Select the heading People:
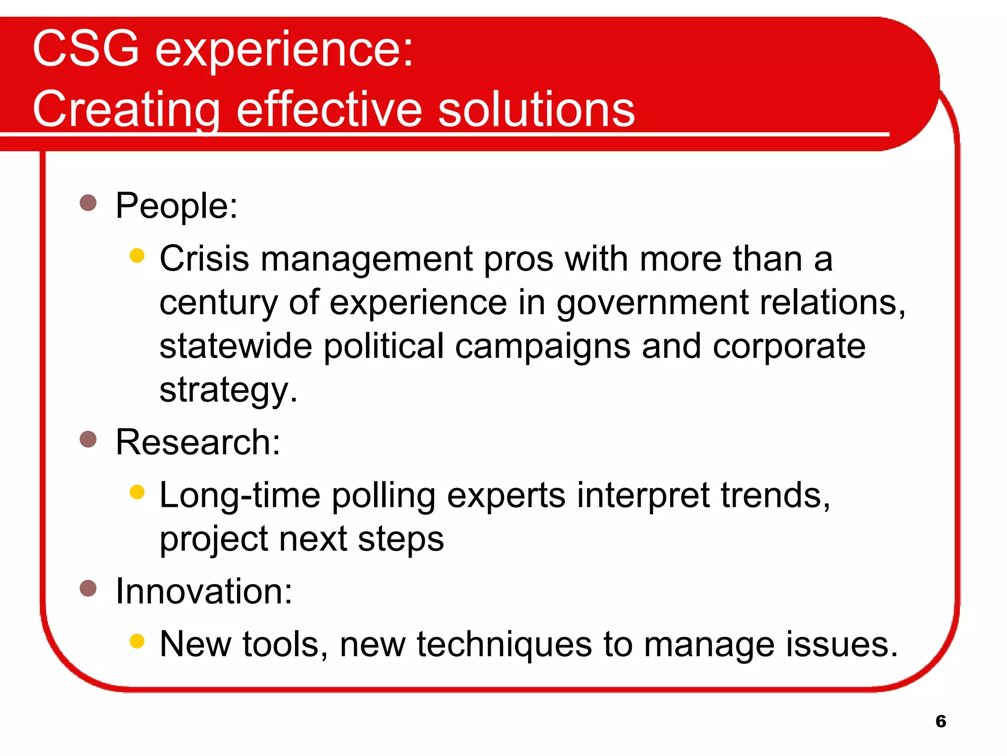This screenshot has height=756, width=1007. pyautogui.click(x=177, y=206)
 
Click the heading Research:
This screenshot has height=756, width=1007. pyautogui.click(x=198, y=442)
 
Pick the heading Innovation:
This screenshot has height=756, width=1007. pyautogui.click(x=204, y=591)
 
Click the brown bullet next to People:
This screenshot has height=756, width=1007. pyautogui.click(x=88, y=202)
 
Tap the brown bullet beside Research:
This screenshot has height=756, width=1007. pyautogui.click(x=88, y=439)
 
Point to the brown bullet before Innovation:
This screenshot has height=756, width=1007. pyautogui.click(x=88, y=588)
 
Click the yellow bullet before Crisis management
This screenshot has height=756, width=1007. pyautogui.click(x=137, y=255)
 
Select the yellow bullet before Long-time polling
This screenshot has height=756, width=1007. pyautogui.click(x=137, y=492)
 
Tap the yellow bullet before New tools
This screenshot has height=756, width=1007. pyautogui.click(x=137, y=641)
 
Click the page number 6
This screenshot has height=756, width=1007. pyautogui.click(x=941, y=721)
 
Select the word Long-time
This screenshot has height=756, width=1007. pyautogui.click(x=240, y=495)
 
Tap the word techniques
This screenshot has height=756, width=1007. pyautogui.click(x=504, y=645)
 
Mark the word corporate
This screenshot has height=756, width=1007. pyautogui.click(x=789, y=346)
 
